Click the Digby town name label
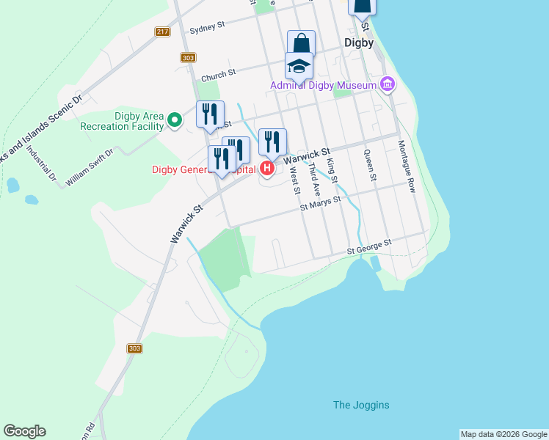[x=359, y=43]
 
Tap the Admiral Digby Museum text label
[x=323, y=85]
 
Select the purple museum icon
[x=388, y=85]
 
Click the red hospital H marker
[x=267, y=169]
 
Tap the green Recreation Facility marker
[x=174, y=120]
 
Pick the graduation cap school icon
[x=299, y=66]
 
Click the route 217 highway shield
[x=163, y=32]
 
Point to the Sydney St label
[x=207, y=28]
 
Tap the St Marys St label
[x=321, y=203]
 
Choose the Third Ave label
[x=313, y=178]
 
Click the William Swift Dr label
[x=90, y=167]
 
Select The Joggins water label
[x=361, y=405]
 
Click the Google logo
[x=24, y=431]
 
